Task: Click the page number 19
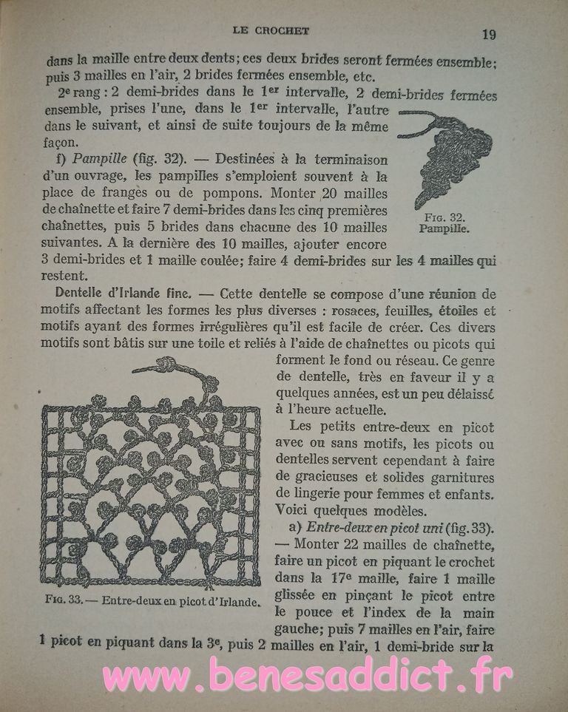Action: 488,33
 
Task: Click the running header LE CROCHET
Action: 271,30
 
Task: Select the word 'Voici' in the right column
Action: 291,509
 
